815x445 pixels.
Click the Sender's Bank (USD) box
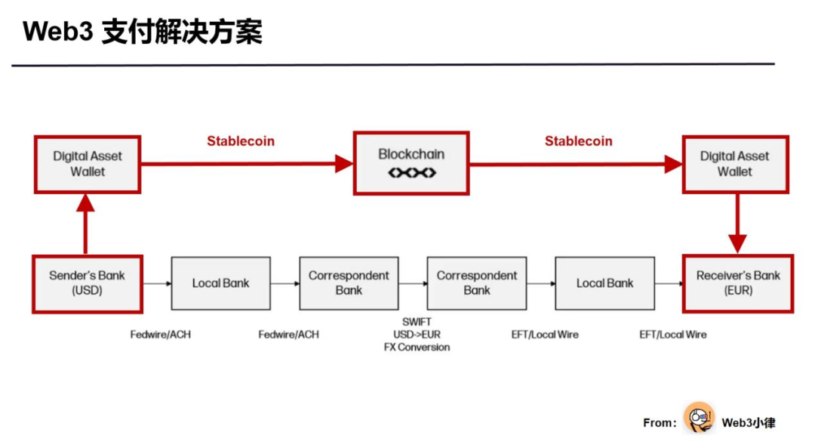tap(87, 283)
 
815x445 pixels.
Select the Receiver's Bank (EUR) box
tap(737, 283)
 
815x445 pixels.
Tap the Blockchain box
tap(411, 163)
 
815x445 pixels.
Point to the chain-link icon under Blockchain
tap(411, 173)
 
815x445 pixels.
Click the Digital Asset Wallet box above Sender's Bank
tap(88, 164)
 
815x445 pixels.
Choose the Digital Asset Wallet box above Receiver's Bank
tap(735, 164)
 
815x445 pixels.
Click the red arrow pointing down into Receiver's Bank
tap(737, 224)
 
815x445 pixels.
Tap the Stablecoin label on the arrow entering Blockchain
tap(241, 141)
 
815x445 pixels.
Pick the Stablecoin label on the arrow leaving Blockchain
tap(579, 141)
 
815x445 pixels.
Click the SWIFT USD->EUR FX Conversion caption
tap(417, 335)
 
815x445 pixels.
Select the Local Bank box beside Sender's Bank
tap(220, 283)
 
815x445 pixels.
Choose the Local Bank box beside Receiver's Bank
tap(604, 283)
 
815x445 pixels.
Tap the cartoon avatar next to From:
tap(699, 418)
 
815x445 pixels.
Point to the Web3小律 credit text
tap(748, 422)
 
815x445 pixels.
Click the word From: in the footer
tap(660, 423)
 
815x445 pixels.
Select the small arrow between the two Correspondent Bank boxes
tap(414, 283)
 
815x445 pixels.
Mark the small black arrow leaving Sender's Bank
tap(156, 283)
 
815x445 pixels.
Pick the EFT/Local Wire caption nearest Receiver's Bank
tap(673, 334)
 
